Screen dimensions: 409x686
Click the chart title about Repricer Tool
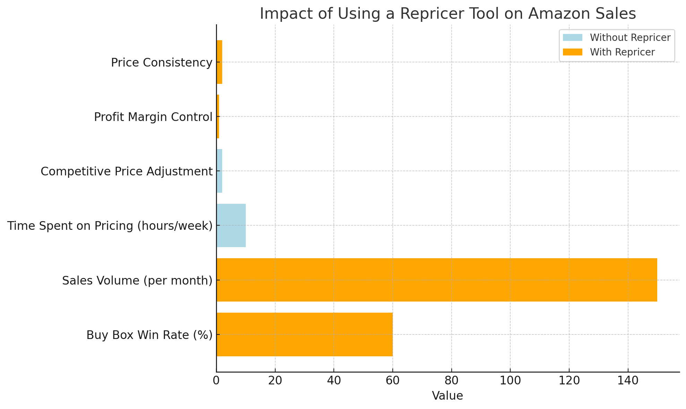pyautogui.click(x=448, y=14)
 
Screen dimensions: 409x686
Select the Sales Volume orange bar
pyautogui.click(x=436, y=280)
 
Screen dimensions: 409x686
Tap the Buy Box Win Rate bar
pyautogui.click(x=304, y=334)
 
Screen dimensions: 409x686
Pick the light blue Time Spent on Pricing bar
pyautogui.click(x=231, y=225)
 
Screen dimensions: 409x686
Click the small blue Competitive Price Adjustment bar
pyautogui.click(x=219, y=171)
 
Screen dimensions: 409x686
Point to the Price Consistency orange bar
pyautogui.click(x=219, y=62)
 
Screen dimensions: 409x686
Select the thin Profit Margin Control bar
pyautogui.click(x=218, y=116)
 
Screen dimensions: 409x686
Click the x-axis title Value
pyautogui.click(x=447, y=396)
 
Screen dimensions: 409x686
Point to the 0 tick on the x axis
pyautogui.click(x=216, y=381)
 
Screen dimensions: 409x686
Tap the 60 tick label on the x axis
pyautogui.click(x=392, y=381)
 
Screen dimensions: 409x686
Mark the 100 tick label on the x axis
pyautogui.click(x=510, y=381)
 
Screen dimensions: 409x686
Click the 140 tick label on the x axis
pyautogui.click(x=628, y=381)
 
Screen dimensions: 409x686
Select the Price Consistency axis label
pyautogui.click(x=162, y=63)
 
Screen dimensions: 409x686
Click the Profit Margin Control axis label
pyautogui.click(x=153, y=117)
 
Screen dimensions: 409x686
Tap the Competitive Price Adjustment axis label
pyautogui.click(x=127, y=172)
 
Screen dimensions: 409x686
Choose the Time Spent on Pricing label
pyautogui.click(x=110, y=226)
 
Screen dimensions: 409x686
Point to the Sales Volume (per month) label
pyautogui.click(x=137, y=280)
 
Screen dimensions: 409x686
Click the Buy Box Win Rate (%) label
pyautogui.click(x=149, y=335)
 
